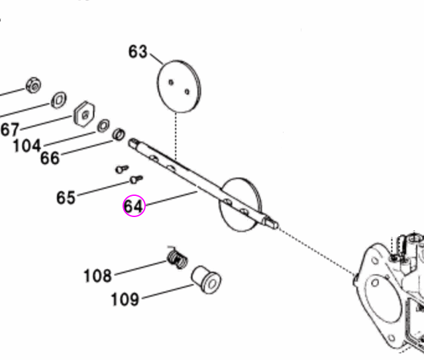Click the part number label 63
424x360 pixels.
click(138, 51)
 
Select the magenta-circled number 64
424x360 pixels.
click(133, 206)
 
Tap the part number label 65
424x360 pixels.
click(66, 197)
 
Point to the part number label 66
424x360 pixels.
click(50, 158)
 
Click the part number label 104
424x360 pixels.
click(26, 145)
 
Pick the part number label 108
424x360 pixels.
click(97, 275)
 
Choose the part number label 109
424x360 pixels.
click(125, 299)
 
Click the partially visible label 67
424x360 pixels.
click(9, 129)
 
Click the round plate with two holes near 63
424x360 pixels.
click(178, 86)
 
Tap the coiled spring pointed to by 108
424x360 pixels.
click(176, 257)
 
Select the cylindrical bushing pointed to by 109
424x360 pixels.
click(205, 281)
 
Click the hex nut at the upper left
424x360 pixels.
click(34, 85)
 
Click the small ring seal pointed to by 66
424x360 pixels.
click(119, 134)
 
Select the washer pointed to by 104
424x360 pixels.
click(103, 126)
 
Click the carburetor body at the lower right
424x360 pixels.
click(391, 291)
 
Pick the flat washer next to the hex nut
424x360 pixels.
click(59, 100)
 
